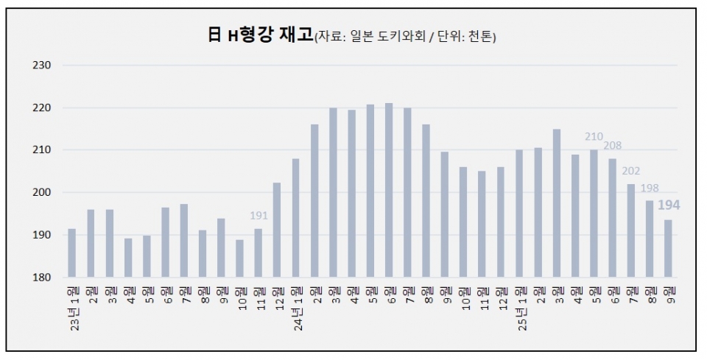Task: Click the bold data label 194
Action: coord(668,205)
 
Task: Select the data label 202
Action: coord(631,172)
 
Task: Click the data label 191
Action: coord(258,216)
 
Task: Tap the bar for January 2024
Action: coord(296,218)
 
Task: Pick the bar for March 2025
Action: coord(557,203)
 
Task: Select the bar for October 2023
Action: coord(239,258)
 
